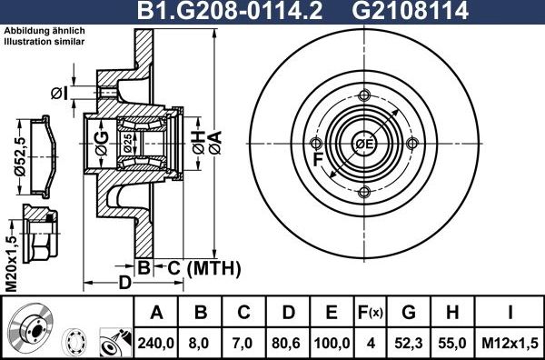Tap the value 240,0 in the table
(x=157, y=342)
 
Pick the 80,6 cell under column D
(x=288, y=342)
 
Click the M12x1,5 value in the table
(x=510, y=342)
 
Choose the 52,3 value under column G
(x=408, y=342)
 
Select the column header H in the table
(x=451, y=314)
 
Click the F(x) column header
(x=368, y=314)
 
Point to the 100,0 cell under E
(x=331, y=342)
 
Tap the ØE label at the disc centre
(x=364, y=145)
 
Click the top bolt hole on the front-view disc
(x=364, y=95)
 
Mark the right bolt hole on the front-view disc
(x=412, y=145)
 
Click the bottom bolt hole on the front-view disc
(x=364, y=192)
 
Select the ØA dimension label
(x=214, y=140)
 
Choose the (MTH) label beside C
(x=211, y=268)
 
